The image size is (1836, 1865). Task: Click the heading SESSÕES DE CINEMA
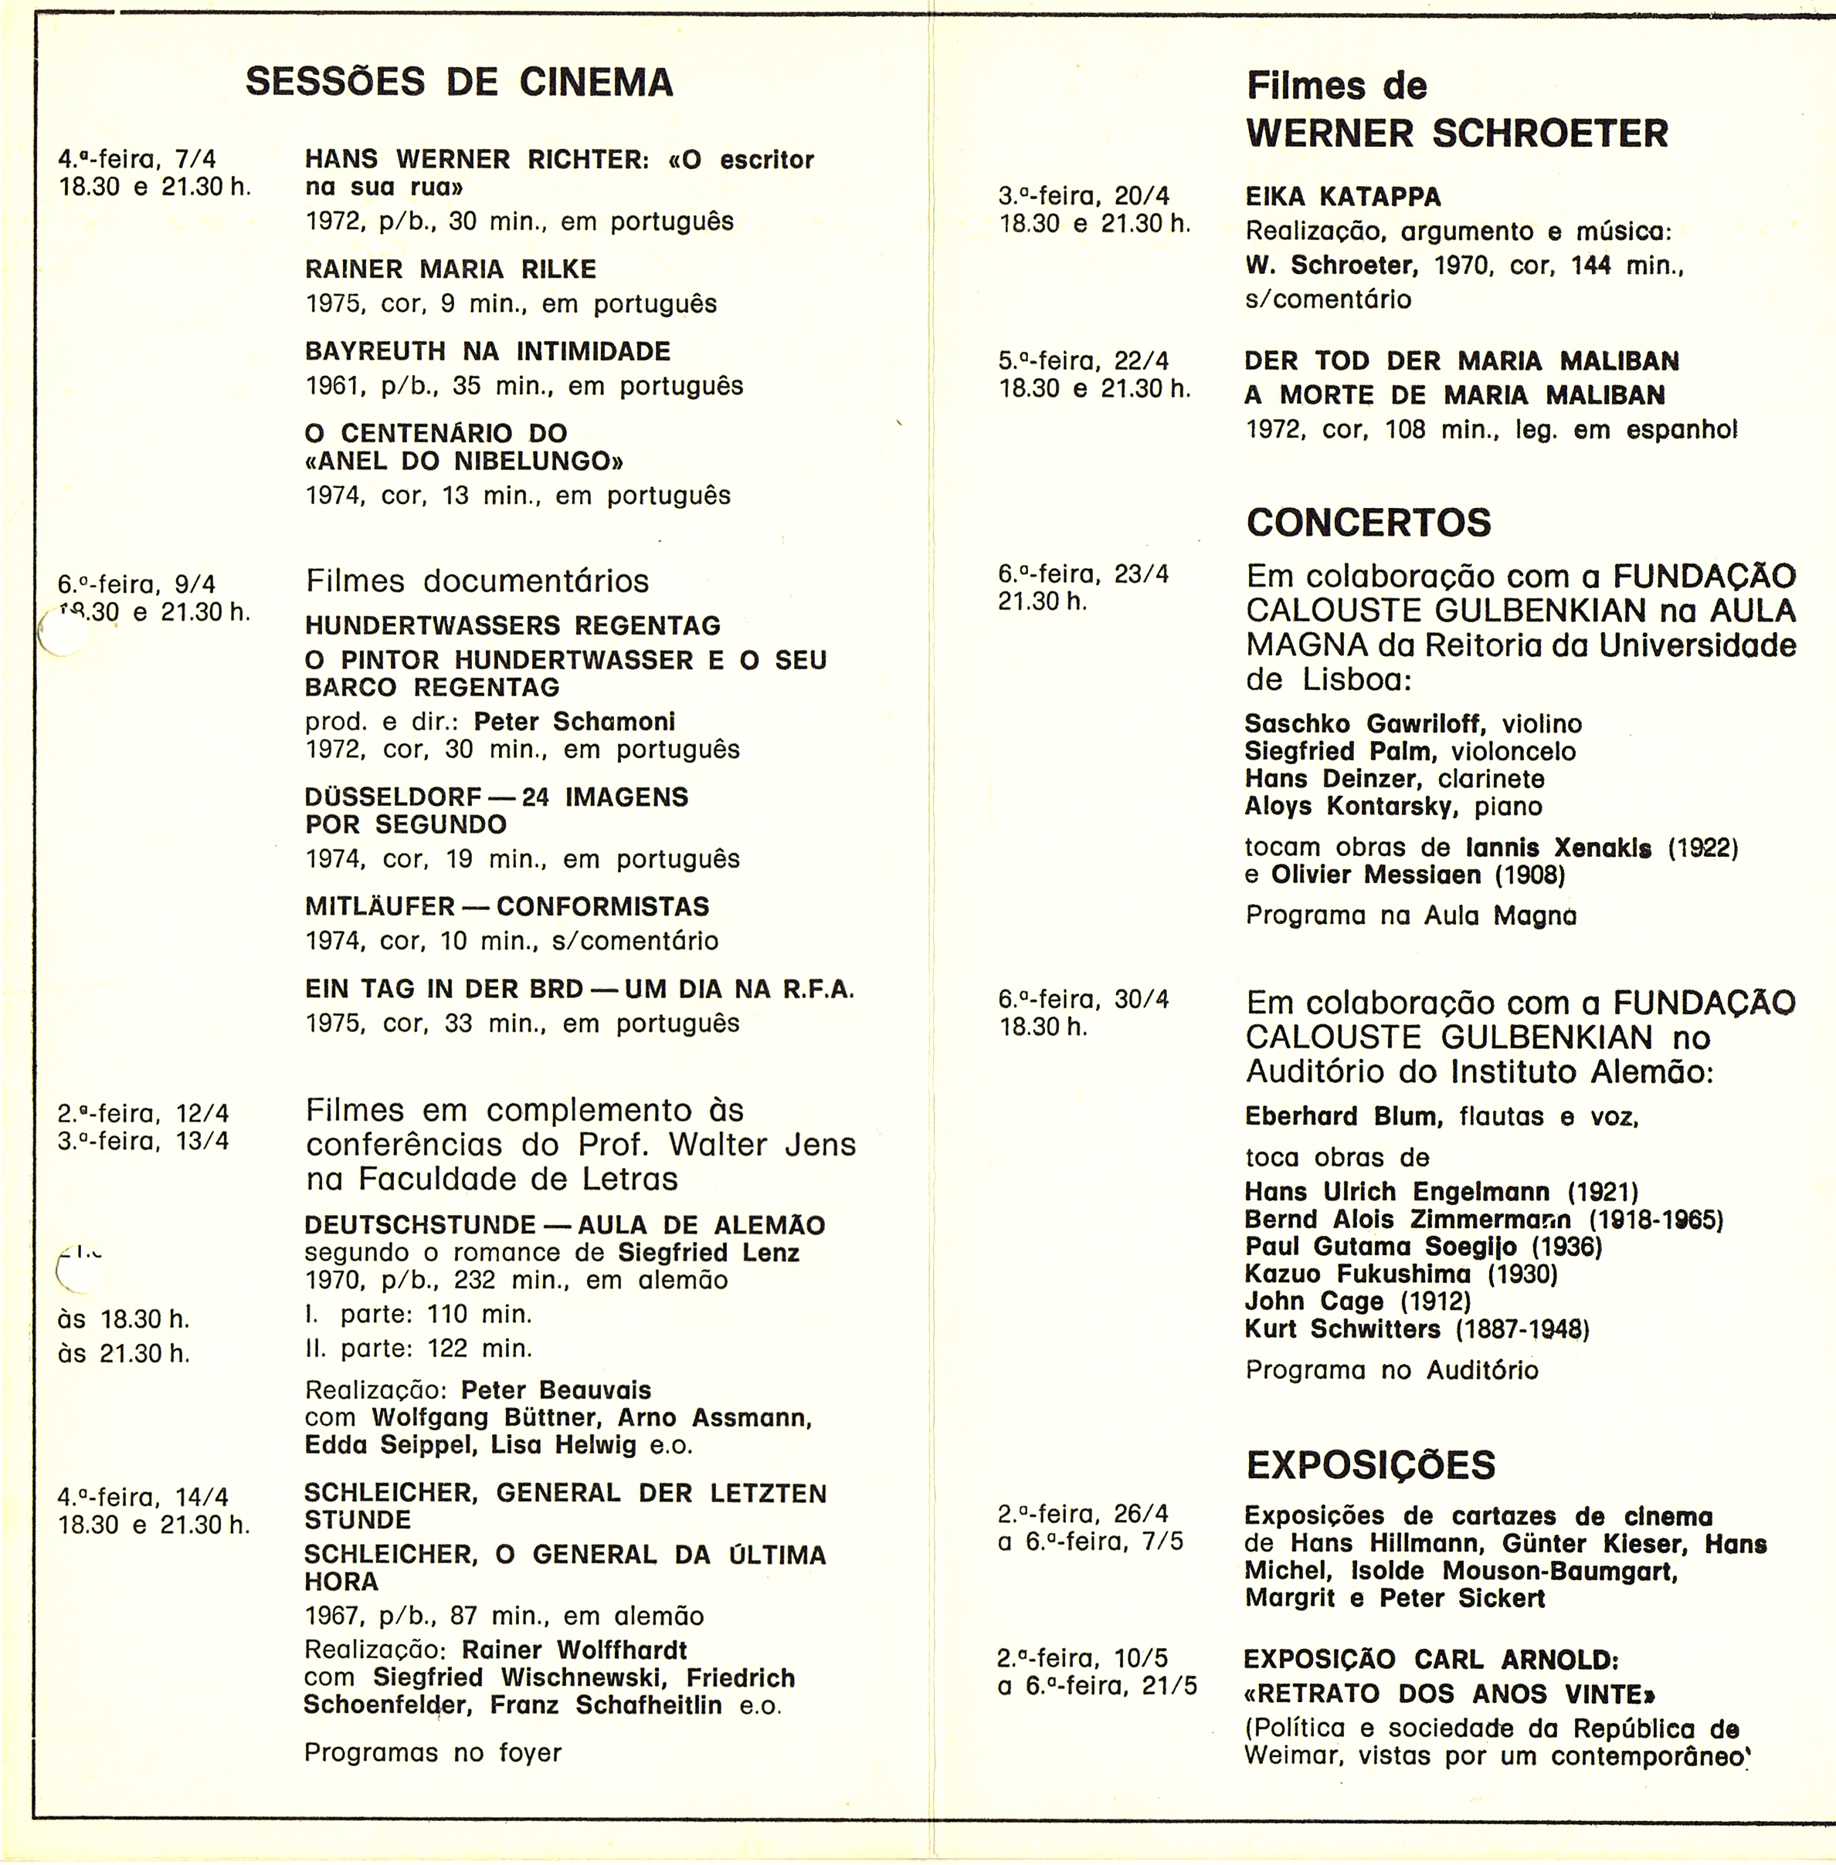point(459,82)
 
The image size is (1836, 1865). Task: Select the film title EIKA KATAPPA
point(1343,198)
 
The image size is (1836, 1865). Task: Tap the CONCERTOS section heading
point(1369,523)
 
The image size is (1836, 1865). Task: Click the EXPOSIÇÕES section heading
point(1370,1465)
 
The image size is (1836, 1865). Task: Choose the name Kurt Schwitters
point(1342,1329)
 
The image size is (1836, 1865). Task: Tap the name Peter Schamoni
point(575,722)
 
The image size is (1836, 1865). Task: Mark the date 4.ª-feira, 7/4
point(137,159)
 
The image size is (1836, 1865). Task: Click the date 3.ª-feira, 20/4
point(1084,197)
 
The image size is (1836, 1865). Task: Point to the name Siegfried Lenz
point(709,1253)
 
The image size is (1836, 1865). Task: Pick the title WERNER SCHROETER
point(1457,133)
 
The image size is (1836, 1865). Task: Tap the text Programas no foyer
point(433,1752)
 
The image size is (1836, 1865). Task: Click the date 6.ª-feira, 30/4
point(1084,1000)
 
